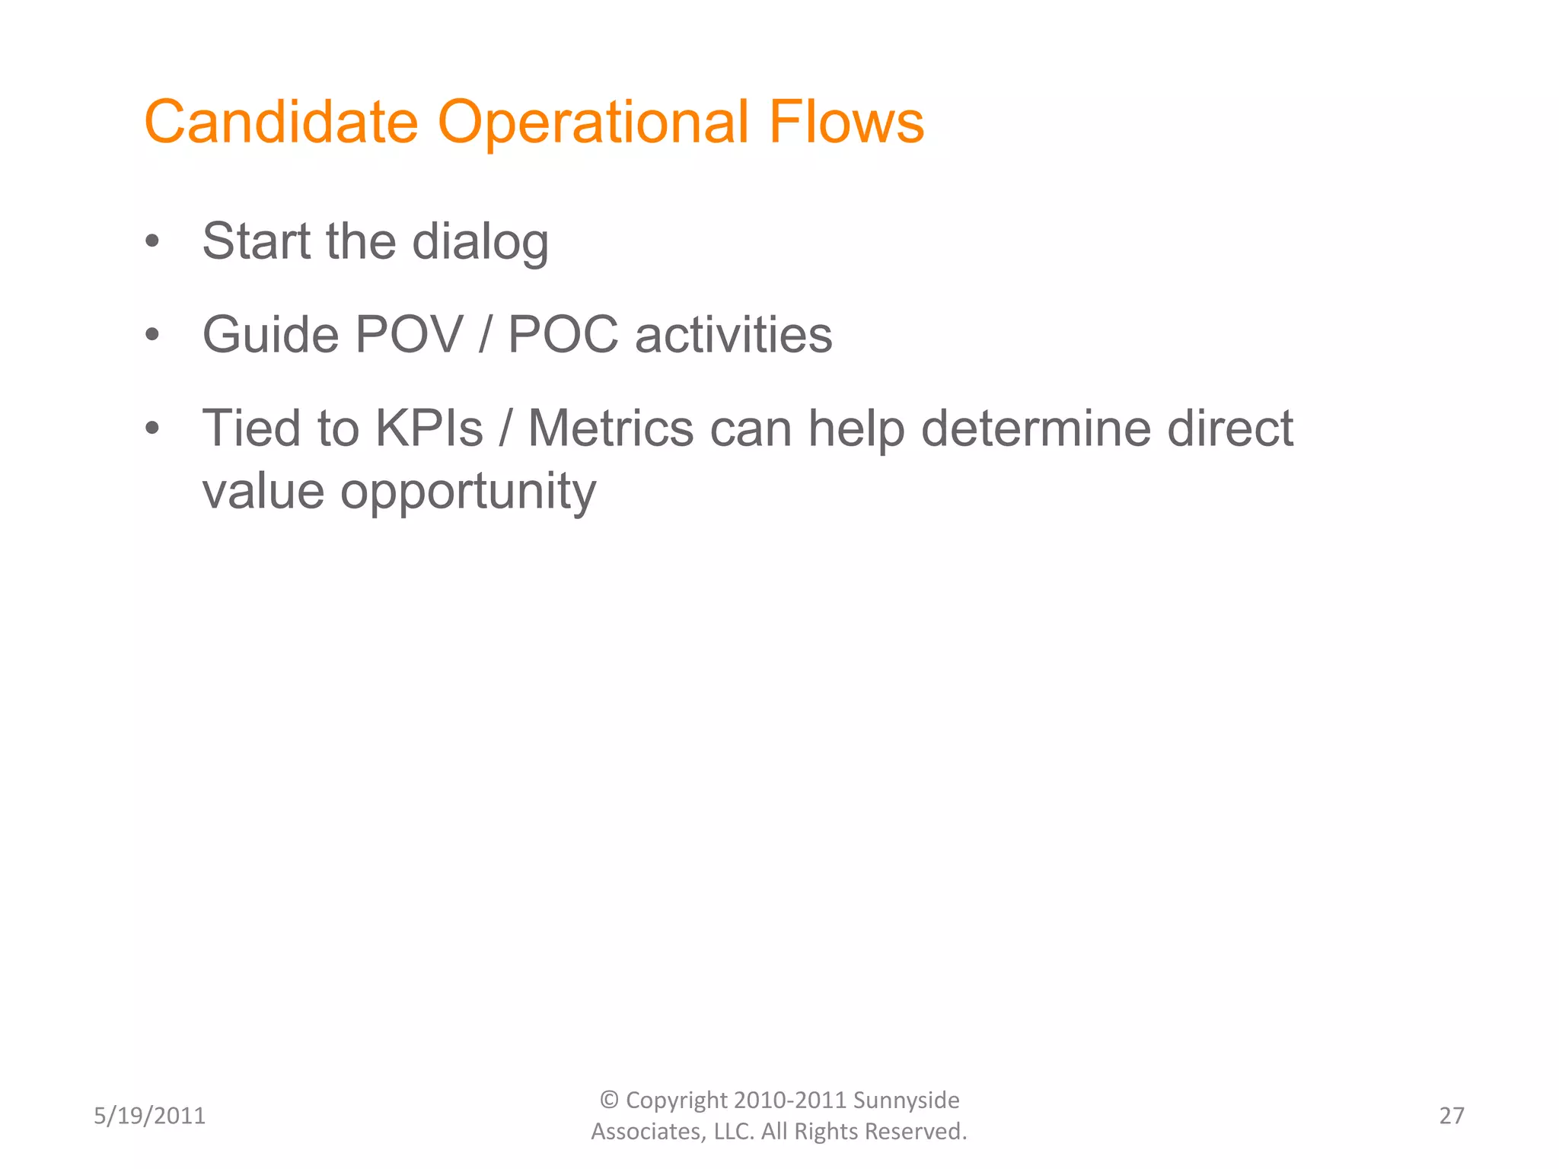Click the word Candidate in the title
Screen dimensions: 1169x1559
click(x=281, y=122)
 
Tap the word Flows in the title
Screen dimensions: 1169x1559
click(x=846, y=122)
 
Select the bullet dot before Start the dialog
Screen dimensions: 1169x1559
click(x=152, y=242)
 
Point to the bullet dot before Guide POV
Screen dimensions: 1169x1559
click(x=152, y=335)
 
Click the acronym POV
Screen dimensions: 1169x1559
click(x=409, y=335)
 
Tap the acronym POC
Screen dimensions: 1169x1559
click(x=563, y=335)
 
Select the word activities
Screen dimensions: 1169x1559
click(x=734, y=335)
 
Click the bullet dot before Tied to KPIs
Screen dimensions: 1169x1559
click(x=152, y=428)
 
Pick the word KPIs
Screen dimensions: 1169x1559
click(x=429, y=428)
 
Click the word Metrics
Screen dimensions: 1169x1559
click(x=611, y=428)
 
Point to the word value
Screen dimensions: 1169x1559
click(x=263, y=492)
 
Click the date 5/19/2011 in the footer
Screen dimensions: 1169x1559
click(x=149, y=1116)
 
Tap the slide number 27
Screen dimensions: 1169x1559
click(x=1451, y=1116)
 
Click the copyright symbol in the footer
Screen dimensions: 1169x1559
click(x=609, y=1100)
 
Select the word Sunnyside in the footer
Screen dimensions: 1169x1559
click(x=906, y=1101)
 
